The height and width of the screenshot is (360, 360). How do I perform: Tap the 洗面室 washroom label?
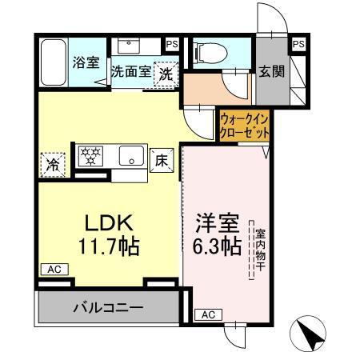[131, 70]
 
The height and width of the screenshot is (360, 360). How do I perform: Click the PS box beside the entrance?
[298, 44]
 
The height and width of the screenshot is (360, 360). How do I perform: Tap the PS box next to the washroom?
[172, 44]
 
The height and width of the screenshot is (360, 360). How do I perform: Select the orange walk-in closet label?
[244, 125]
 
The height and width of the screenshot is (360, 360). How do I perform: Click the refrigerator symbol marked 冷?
[51, 166]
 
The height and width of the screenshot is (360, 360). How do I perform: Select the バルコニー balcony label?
[109, 306]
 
